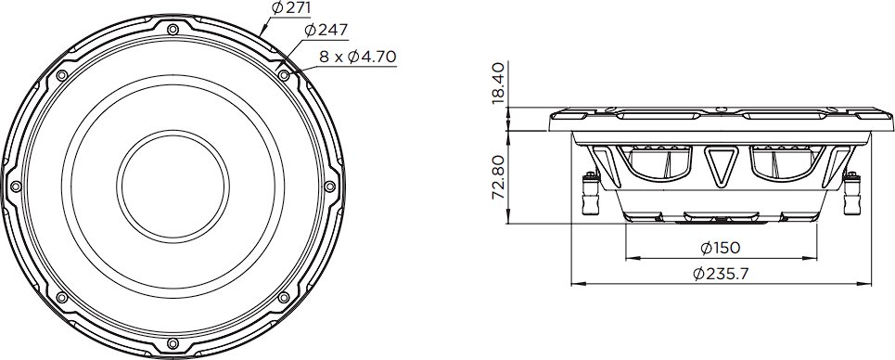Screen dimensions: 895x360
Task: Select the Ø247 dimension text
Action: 326,31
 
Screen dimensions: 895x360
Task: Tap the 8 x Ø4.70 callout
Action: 357,57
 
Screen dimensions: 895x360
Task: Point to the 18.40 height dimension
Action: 498,84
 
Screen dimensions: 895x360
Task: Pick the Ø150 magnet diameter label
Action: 721,248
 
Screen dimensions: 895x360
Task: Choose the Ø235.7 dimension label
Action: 721,274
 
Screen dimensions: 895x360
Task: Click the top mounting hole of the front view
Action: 173,29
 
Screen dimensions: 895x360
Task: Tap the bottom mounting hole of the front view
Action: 173,343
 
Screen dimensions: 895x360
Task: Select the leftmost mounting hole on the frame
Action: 16,186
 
